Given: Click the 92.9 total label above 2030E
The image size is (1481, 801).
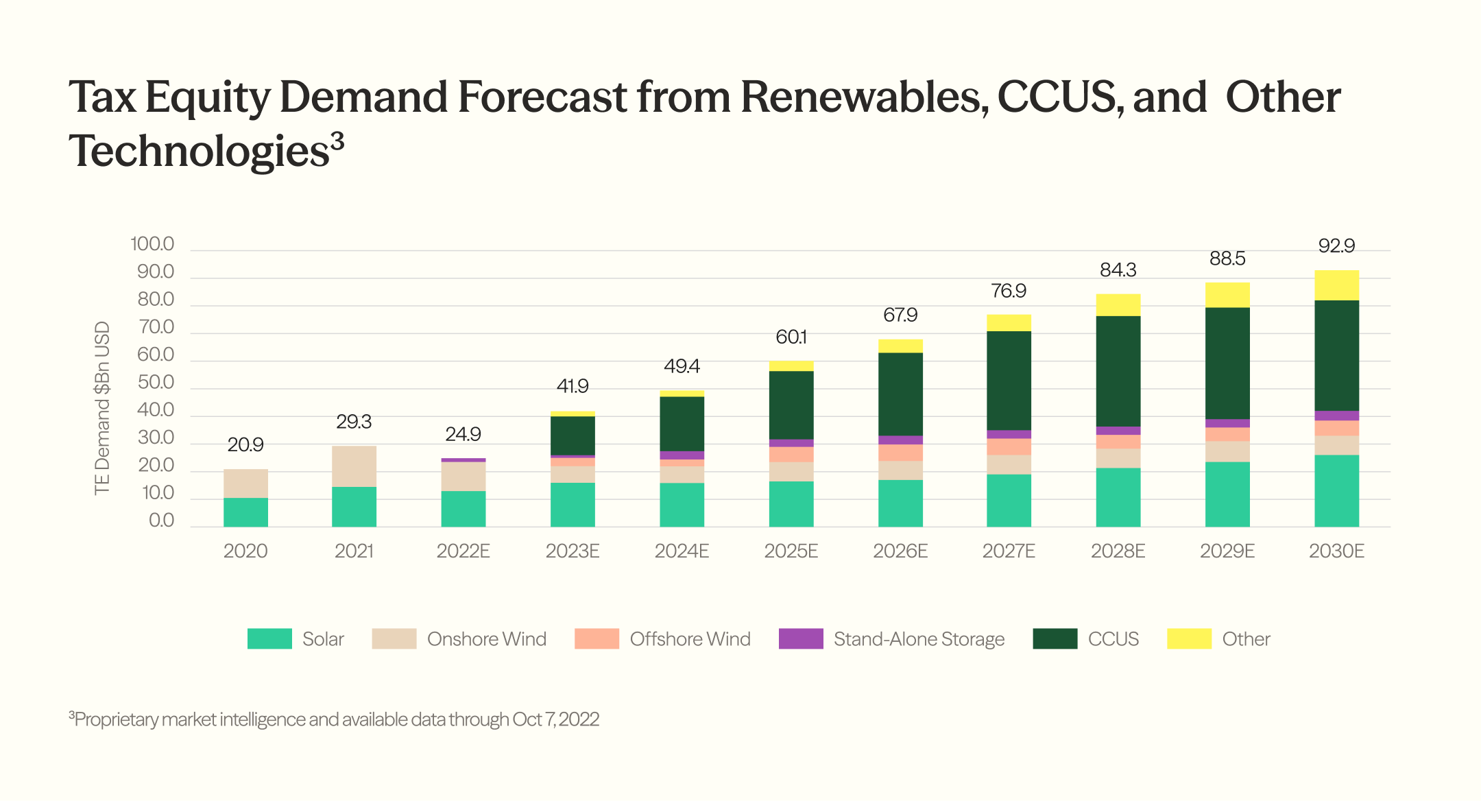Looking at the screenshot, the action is pyautogui.click(x=1336, y=246).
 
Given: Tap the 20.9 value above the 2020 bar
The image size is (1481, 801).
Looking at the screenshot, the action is pyautogui.click(x=245, y=444).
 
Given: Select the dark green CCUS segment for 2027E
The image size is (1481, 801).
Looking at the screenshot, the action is pyautogui.click(x=1009, y=381).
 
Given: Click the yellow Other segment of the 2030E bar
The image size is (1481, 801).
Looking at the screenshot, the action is pyautogui.click(x=1336, y=285).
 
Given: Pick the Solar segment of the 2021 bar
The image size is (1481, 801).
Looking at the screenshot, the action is pyautogui.click(x=354, y=507).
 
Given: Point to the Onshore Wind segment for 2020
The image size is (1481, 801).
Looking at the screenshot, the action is pyautogui.click(x=245, y=483).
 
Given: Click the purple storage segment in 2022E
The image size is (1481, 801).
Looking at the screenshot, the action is pyautogui.click(x=463, y=460).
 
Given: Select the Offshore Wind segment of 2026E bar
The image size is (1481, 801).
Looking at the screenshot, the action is pyautogui.click(x=900, y=453).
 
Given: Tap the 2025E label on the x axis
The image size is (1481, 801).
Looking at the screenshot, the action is pyautogui.click(x=791, y=551).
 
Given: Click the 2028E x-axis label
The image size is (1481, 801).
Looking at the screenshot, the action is pyautogui.click(x=1118, y=551).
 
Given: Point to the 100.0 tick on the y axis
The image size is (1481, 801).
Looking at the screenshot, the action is pyautogui.click(x=152, y=244).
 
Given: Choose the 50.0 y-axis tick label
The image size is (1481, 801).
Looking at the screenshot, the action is pyautogui.click(x=156, y=382).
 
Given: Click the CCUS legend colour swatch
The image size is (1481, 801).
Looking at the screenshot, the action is pyautogui.click(x=1055, y=638).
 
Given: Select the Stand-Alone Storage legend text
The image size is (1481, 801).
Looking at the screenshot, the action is pyautogui.click(x=919, y=639).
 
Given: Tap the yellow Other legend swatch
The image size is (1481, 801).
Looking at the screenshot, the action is pyautogui.click(x=1190, y=638).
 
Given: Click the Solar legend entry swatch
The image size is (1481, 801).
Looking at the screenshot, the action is pyautogui.click(x=269, y=638).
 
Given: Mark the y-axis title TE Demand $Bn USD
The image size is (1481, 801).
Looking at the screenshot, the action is pyautogui.click(x=102, y=408).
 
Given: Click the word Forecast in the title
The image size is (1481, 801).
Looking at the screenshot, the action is pyautogui.click(x=542, y=97).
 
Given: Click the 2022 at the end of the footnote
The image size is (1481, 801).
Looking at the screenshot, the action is pyautogui.click(x=580, y=719).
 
